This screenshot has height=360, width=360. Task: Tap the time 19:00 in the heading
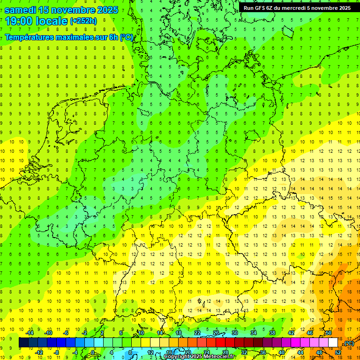click(x=18, y=21)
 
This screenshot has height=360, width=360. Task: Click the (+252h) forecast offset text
click(x=83, y=21)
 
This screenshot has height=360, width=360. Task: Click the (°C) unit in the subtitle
click(x=127, y=37)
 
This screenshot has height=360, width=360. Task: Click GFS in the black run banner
click(x=261, y=7)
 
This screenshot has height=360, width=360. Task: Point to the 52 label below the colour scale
click(x=338, y=352)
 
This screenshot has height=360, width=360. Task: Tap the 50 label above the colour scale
click(x=329, y=332)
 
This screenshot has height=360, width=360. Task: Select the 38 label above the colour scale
click(x=272, y=332)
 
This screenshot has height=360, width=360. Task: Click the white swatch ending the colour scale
click(x=333, y=343)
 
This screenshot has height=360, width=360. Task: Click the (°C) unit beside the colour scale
click(x=349, y=343)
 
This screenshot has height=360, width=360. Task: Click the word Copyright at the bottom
click(x=176, y=357)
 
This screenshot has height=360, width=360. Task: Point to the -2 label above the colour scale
click(x=85, y=332)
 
